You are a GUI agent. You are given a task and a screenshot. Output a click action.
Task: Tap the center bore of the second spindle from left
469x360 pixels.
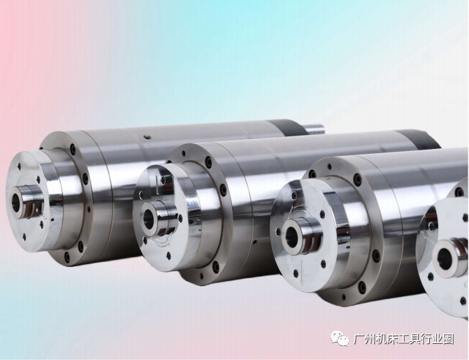[149, 218]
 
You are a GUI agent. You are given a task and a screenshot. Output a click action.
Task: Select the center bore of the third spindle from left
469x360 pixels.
[291, 237]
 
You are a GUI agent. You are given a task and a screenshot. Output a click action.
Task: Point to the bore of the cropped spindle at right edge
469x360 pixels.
[444, 259]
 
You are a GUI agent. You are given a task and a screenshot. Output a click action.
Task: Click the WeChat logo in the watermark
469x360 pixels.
[340, 338]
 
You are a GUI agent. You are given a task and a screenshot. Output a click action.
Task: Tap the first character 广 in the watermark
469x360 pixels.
[359, 339]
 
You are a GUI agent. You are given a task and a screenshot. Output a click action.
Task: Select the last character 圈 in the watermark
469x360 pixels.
[448, 339]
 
